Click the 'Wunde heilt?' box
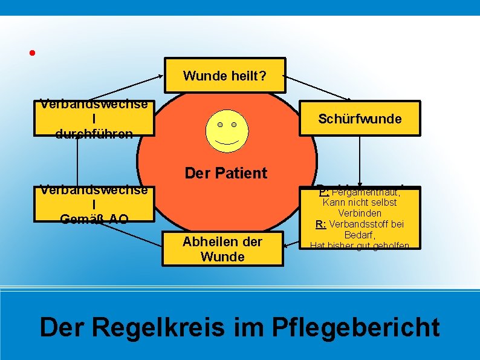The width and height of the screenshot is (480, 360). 224,76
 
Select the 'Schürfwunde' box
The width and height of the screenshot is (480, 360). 360,119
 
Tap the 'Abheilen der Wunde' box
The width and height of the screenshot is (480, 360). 222,249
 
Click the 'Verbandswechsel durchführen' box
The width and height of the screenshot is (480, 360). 94,118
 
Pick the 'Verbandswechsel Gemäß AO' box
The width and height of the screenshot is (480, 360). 94,204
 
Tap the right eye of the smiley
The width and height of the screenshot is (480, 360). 234,125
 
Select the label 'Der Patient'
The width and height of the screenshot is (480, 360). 226,173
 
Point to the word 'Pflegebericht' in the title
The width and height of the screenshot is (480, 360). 356,327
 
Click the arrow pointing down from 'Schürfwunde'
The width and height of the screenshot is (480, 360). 360,159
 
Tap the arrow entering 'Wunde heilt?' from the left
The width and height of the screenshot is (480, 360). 121,85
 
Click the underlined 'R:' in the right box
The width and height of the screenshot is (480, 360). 322,224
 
